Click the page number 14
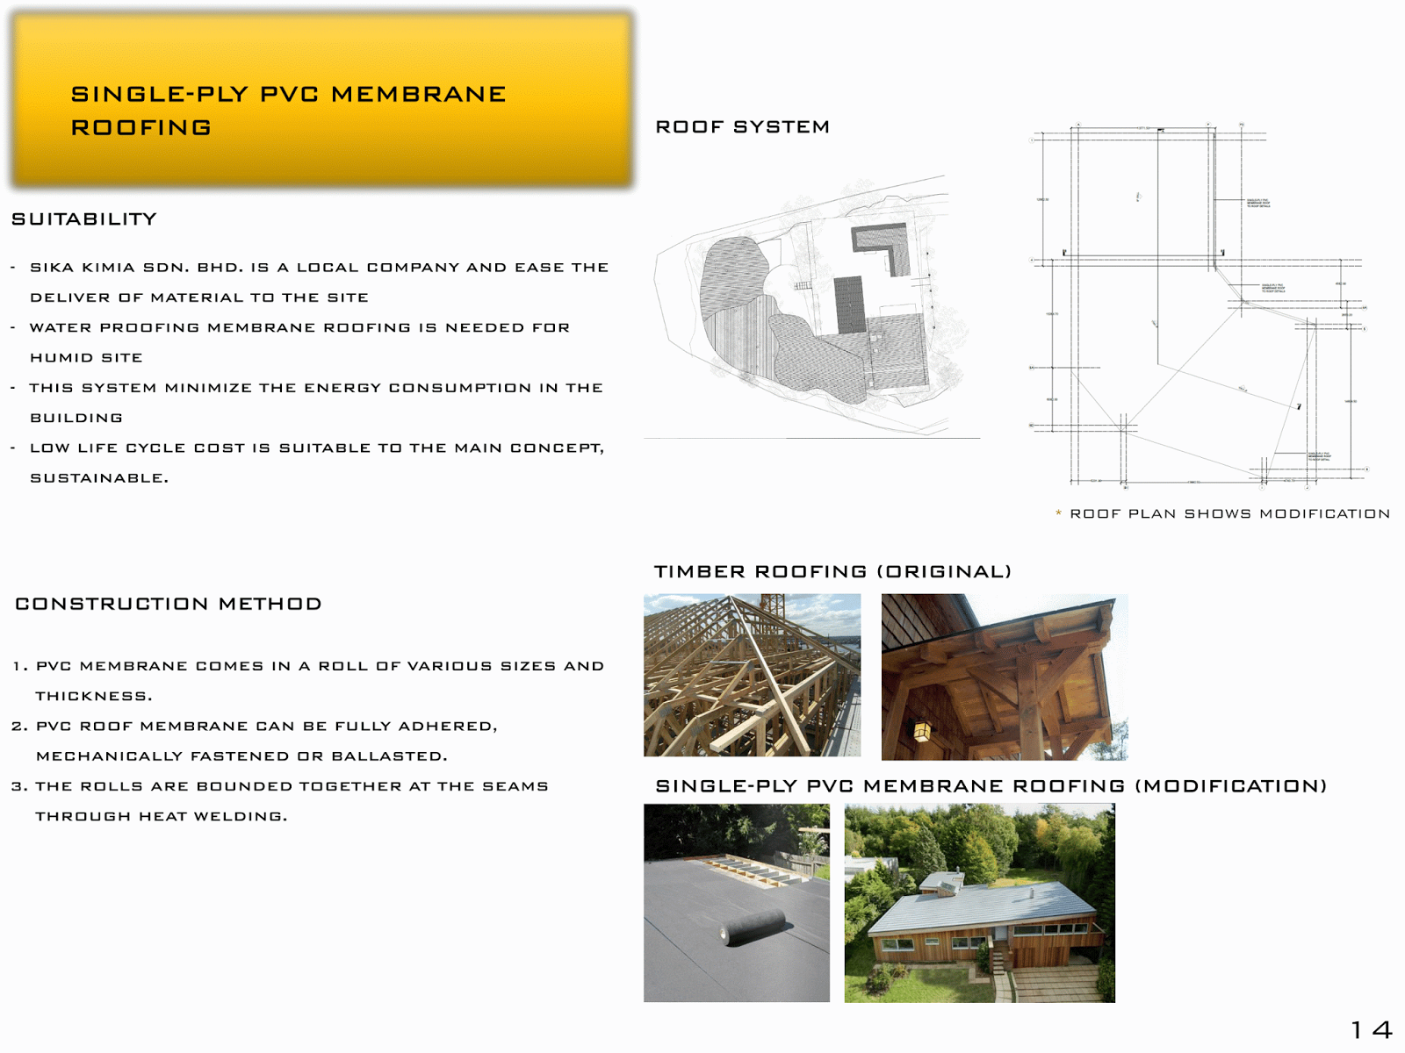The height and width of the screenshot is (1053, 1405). tap(1371, 1029)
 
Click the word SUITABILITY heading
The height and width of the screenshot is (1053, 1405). tap(84, 219)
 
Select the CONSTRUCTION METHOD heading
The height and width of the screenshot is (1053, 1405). tap(169, 604)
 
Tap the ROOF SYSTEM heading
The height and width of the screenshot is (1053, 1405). tap(742, 127)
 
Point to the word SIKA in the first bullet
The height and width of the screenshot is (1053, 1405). tap(52, 268)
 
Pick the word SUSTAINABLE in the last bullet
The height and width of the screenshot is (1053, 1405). tap(98, 478)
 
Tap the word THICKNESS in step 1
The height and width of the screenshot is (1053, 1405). tap(93, 697)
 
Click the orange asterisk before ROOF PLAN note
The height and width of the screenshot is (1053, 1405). tap(1058, 514)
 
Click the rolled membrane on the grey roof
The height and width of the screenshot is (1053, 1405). tap(753, 927)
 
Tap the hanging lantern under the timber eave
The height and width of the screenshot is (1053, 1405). tap(922, 730)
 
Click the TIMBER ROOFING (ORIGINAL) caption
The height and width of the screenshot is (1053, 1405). tap(832, 572)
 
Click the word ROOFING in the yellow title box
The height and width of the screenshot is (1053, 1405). tap(140, 128)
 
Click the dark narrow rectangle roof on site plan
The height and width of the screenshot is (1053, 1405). tap(849, 304)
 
